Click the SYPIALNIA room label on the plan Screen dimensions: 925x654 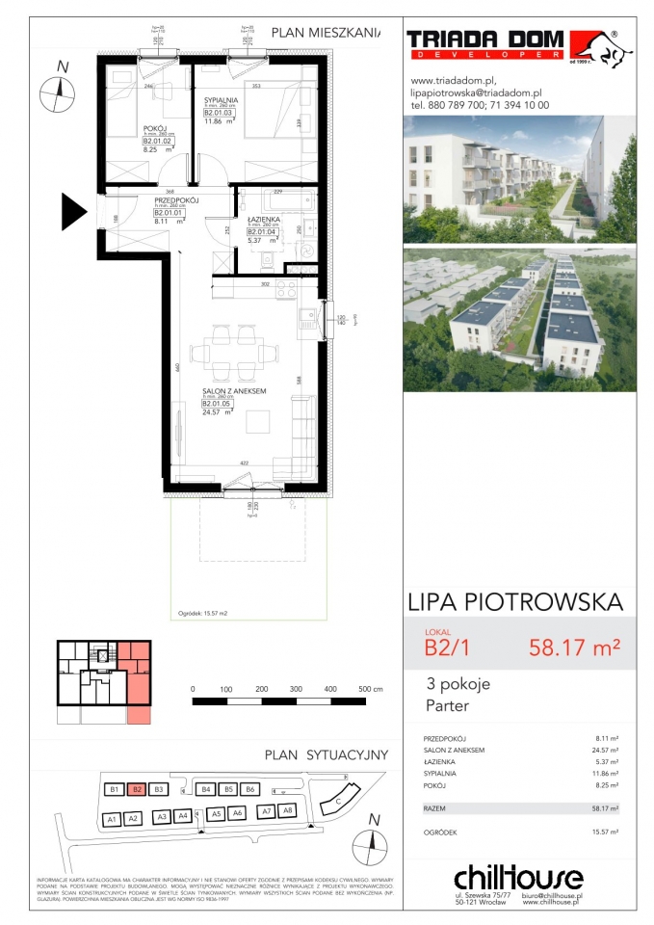point(221,99)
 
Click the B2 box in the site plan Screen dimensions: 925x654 point(138,790)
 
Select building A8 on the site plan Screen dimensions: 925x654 point(287,812)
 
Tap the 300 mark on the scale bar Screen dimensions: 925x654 point(296,690)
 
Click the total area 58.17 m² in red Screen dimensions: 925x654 point(574,647)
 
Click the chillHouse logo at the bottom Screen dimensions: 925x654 point(517,878)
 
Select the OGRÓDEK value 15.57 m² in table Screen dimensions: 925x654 point(605,830)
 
